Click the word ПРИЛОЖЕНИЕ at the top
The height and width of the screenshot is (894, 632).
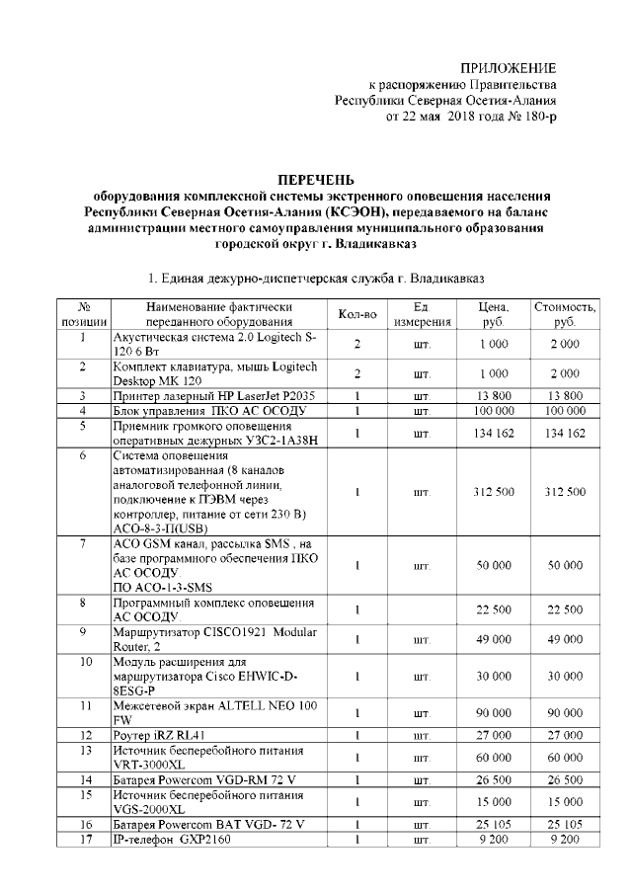(x=509, y=67)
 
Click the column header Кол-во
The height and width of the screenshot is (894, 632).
(x=357, y=314)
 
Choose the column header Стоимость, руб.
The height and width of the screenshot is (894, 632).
(x=565, y=314)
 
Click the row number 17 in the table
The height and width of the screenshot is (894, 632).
(x=85, y=840)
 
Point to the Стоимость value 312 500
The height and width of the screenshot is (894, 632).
(x=565, y=491)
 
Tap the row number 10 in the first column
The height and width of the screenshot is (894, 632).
(x=85, y=662)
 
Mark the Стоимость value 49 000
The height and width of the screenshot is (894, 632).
(x=565, y=639)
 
